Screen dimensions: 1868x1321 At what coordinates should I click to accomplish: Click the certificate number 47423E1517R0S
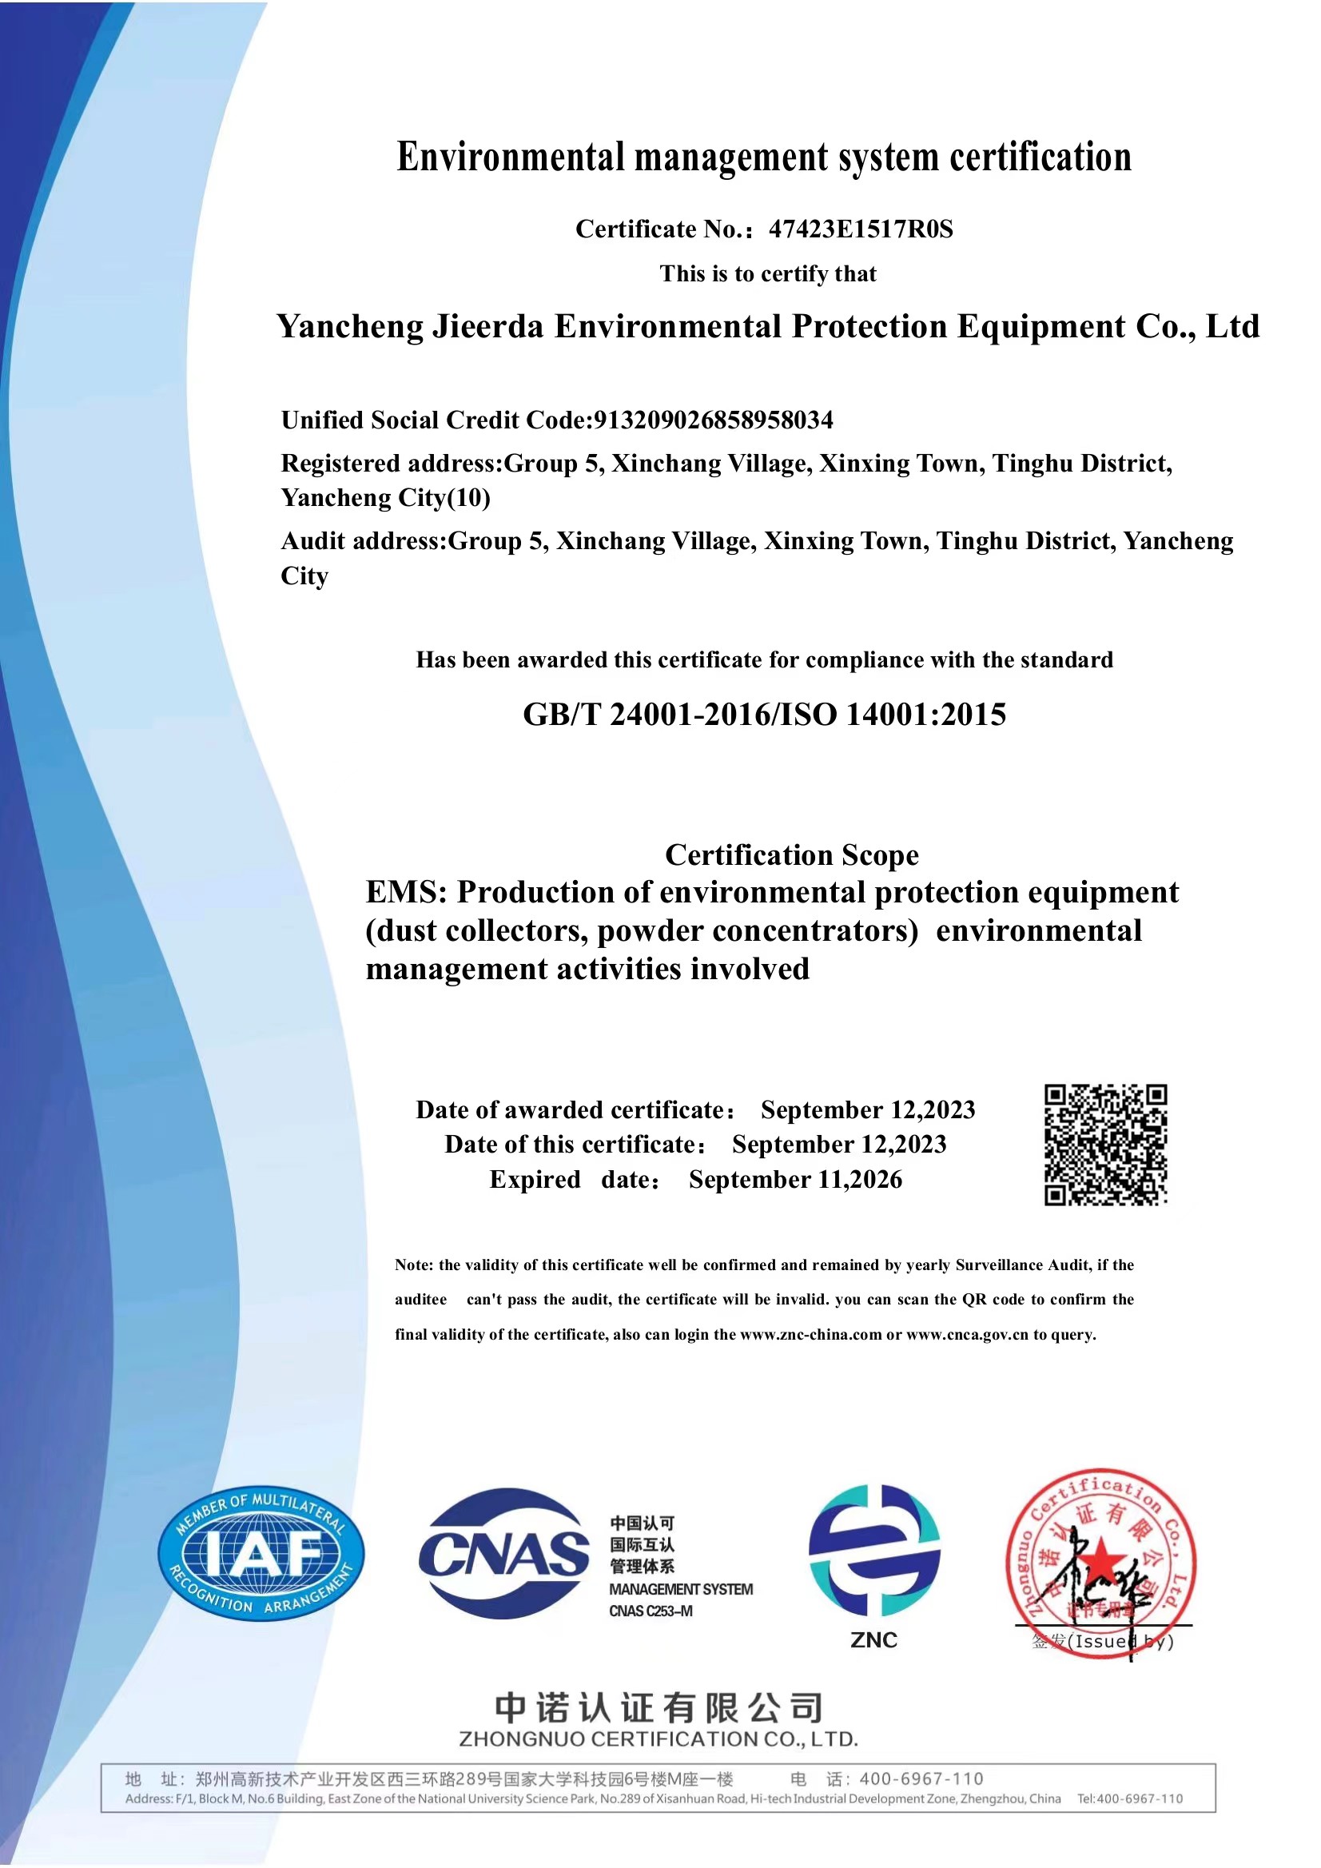click(x=861, y=229)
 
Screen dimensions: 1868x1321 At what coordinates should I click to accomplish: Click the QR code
click(x=1105, y=1145)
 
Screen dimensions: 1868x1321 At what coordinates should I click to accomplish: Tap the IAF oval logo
click(x=261, y=1555)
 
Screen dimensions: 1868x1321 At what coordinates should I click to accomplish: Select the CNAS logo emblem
click(x=503, y=1555)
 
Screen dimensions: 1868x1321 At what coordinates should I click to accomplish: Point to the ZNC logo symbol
click(x=873, y=1550)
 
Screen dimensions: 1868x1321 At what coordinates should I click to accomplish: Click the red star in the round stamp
click(x=1100, y=1557)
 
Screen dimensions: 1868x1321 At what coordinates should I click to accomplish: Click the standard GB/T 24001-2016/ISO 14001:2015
click(x=764, y=715)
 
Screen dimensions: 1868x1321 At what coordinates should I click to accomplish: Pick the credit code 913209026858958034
click(x=714, y=420)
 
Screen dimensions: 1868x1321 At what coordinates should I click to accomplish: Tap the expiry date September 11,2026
click(x=794, y=1180)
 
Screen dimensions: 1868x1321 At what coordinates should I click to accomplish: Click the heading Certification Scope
click(x=791, y=855)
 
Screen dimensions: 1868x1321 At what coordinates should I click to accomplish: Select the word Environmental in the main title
click(x=511, y=157)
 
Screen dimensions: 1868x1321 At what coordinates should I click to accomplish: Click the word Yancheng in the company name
click(x=350, y=326)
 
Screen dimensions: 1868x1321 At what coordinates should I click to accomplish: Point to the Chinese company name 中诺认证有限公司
click(x=659, y=1709)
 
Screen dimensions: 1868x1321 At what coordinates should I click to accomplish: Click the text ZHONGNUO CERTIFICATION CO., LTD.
click(x=659, y=1739)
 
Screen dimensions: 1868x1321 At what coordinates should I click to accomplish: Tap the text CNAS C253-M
click(x=651, y=1611)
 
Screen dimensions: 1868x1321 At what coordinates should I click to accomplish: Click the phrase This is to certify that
click(x=768, y=274)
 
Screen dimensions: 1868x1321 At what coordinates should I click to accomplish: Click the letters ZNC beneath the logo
click(x=873, y=1640)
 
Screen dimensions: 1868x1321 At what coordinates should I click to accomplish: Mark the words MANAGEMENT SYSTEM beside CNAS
click(x=681, y=1589)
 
